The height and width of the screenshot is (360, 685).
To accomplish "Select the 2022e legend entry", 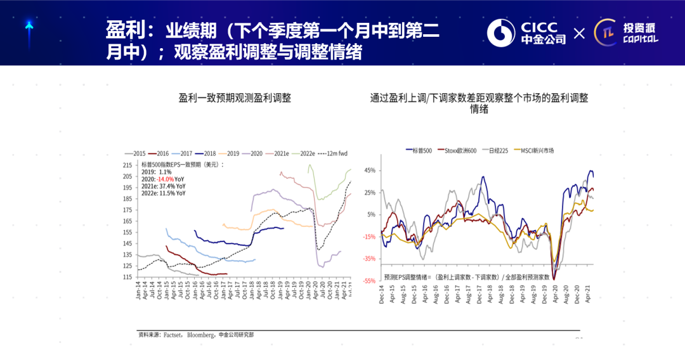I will (x=305, y=153).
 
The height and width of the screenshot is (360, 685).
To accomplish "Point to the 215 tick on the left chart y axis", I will (x=127, y=165).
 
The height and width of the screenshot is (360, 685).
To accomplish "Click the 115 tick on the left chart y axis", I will (x=127, y=277).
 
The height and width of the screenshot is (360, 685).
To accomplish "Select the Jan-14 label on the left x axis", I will (x=139, y=290).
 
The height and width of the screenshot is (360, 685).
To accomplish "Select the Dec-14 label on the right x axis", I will (x=382, y=295).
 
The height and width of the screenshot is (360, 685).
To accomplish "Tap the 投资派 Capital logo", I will (x=627, y=32).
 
